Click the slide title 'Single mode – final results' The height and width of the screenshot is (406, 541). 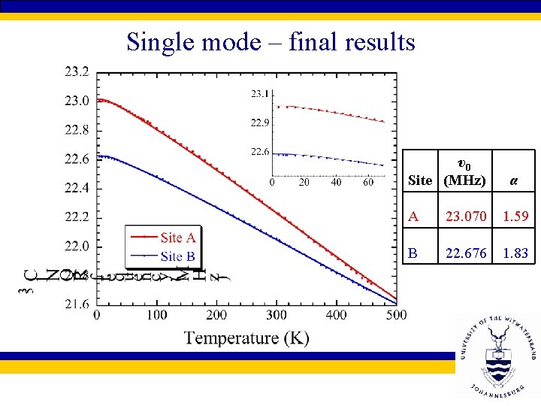pyautogui.click(x=270, y=41)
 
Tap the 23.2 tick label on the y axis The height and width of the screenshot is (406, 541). pyautogui.click(x=76, y=72)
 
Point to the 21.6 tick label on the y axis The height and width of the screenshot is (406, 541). pyautogui.click(x=76, y=304)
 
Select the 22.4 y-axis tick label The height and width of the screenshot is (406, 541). pyautogui.click(x=76, y=188)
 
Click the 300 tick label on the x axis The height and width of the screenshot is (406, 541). pyautogui.click(x=277, y=314)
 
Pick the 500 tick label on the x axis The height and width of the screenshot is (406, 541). pyautogui.click(x=395, y=314)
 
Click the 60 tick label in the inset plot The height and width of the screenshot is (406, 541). pyautogui.click(x=368, y=183)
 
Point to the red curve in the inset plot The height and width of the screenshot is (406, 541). pyautogui.click(x=331, y=112)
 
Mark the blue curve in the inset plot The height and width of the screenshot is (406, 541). pyautogui.click(x=331, y=158)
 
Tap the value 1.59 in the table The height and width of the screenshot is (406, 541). pyautogui.click(x=515, y=217)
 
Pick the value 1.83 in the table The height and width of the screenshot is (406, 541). pyautogui.click(x=515, y=253)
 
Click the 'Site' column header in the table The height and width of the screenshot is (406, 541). pyautogui.click(x=420, y=180)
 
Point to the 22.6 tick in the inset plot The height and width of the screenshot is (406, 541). pyautogui.click(x=259, y=152)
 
